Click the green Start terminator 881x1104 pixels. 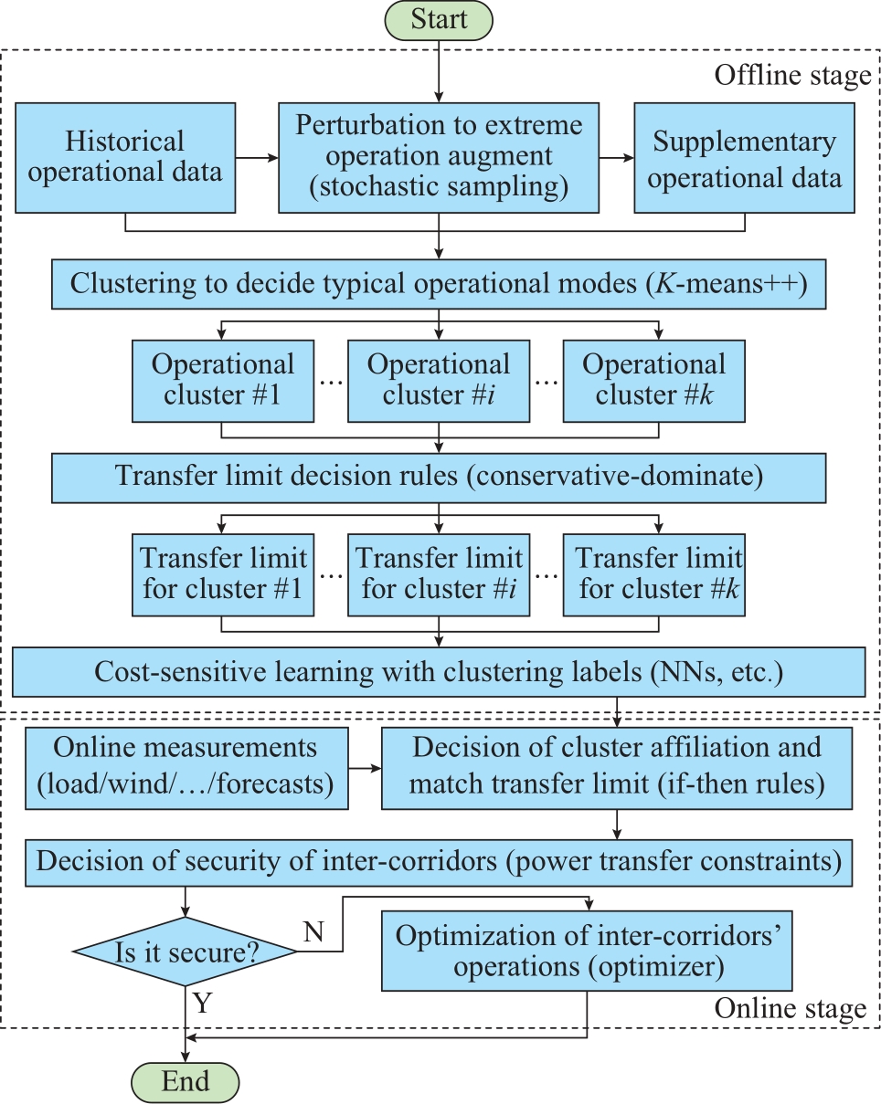pyautogui.click(x=439, y=20)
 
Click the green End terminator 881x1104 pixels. pyautogui.click(x=185, y=1082)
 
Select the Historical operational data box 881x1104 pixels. pyautogui.click(x=125, y=157)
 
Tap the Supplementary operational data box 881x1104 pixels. pyautogui.click(x=744, y=157)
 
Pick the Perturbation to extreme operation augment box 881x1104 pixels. pyautogui.click(x=439, y=157)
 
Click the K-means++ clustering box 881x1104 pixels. pyautogui.click(x=439, y=284)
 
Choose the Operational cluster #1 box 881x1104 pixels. pyautogui.click(x=223, y=381)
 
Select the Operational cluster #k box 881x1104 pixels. pyautogui.click(x=653, y=381)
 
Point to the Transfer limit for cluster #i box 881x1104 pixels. pyautogui.click(x=439, y=574)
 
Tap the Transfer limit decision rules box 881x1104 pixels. pyautogui.click(x=439, y=478)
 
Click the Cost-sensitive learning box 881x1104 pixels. pyautogui.click(x=439, y=671)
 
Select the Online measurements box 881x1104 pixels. pyautogui.click(x=186, y=768)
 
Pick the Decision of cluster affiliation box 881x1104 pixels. pyautogui.click(x=617, y=768)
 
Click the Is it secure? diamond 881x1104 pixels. pyautogui.click(x=185, y=952)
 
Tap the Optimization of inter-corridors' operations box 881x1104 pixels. pyautogui.click(x=587, y=951)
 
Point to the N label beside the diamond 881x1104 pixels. pyautogui.click(x=313, y=931)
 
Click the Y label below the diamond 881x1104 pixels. pyautogui.click(x=202, y=1003)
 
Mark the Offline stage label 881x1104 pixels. pyautogui.click(x=792, y=76)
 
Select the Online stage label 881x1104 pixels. pyautogui.click(x=791, y=1008)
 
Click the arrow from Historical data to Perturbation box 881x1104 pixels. pyautogui.click(x=257, y=157)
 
